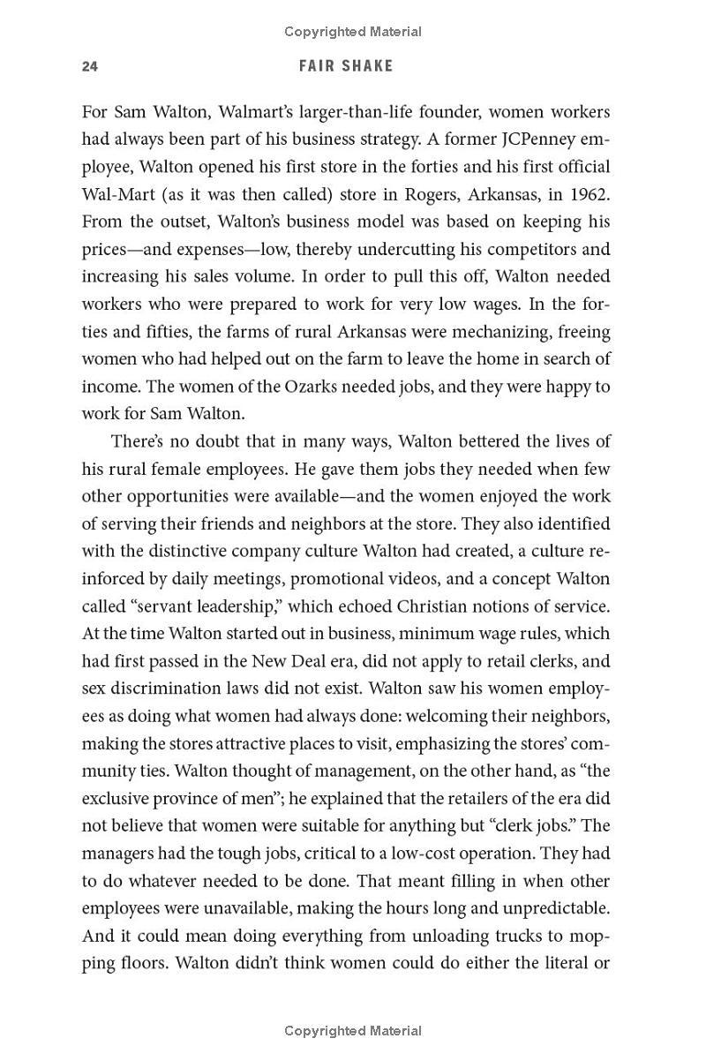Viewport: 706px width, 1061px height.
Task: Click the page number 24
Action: [x=88, y=66]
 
